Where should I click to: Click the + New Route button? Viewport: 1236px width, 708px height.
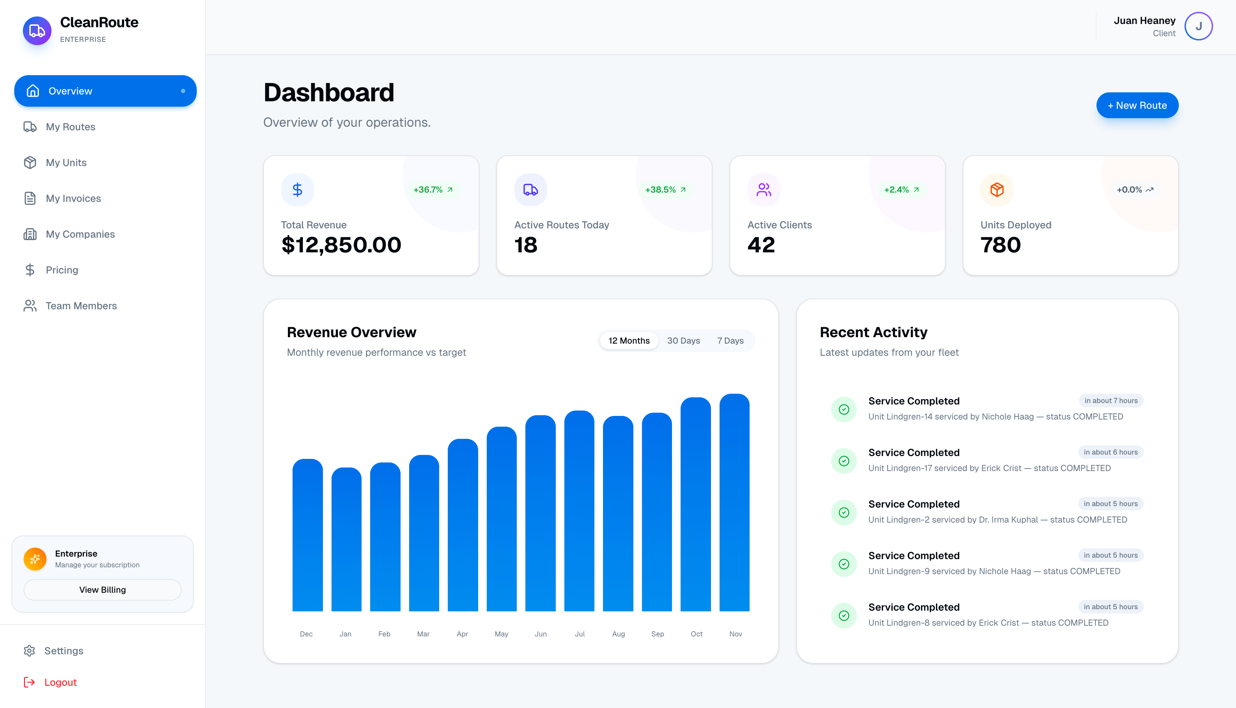tap(1137, 106)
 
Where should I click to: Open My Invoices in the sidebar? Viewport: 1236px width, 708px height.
tap(73, 198)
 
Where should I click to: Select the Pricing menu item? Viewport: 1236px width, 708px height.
tap(62, 270)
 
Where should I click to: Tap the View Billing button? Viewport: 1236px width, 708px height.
tap(103, 590)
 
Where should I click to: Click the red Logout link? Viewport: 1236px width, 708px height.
tap(60, 682)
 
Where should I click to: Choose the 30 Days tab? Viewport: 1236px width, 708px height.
tap(683, 340)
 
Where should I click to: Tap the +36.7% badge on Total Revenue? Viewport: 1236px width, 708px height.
tap(432, 190)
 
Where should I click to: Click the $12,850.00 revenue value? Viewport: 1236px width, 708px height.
tap(341, 244)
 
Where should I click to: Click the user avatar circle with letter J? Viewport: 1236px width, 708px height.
tap(1198, 26)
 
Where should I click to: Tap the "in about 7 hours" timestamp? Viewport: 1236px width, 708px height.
tap(1111, 401)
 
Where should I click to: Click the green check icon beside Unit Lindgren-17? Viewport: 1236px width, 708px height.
tap(844, 461)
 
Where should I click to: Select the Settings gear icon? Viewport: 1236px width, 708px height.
tap(30, 651)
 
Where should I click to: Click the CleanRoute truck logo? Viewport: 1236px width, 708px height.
tap(37, 31)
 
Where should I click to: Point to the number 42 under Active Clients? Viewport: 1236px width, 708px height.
tap(761, 244)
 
